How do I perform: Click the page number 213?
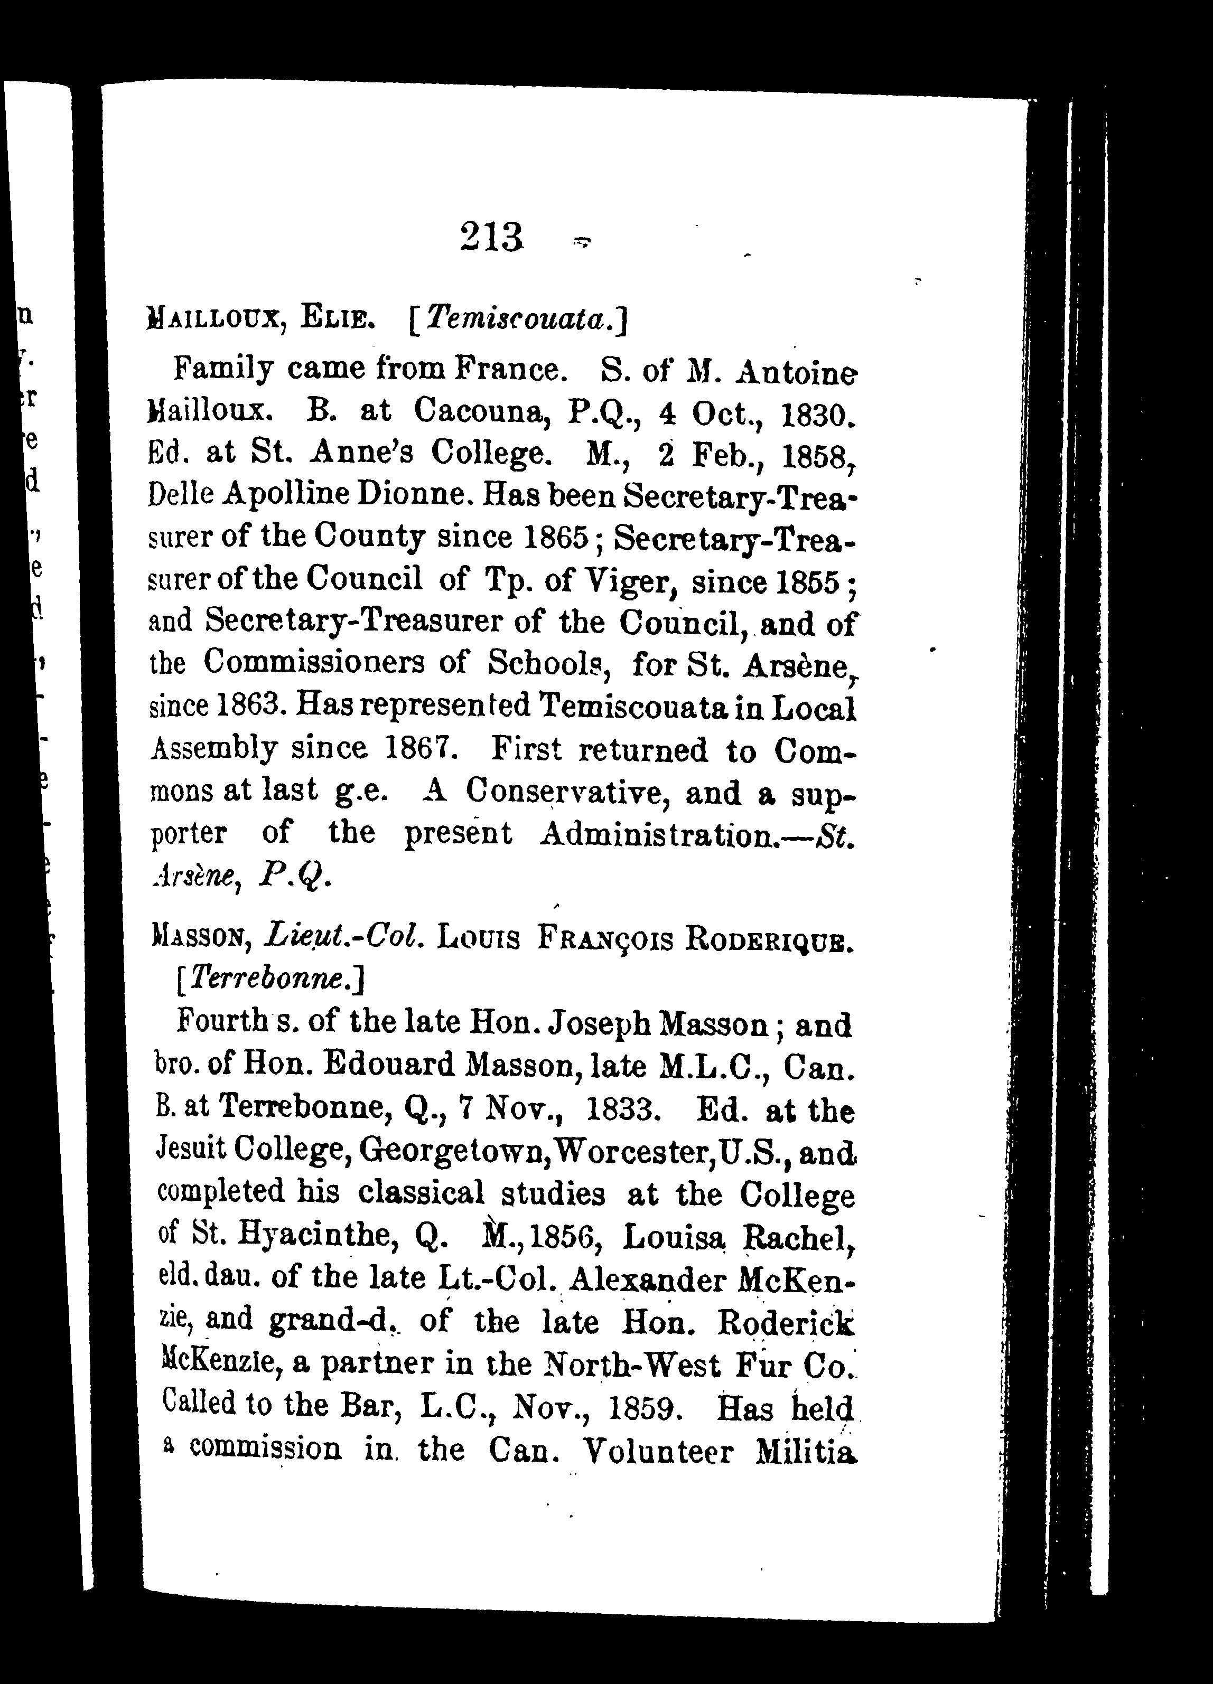pyautogui.click(x=492, y=238)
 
